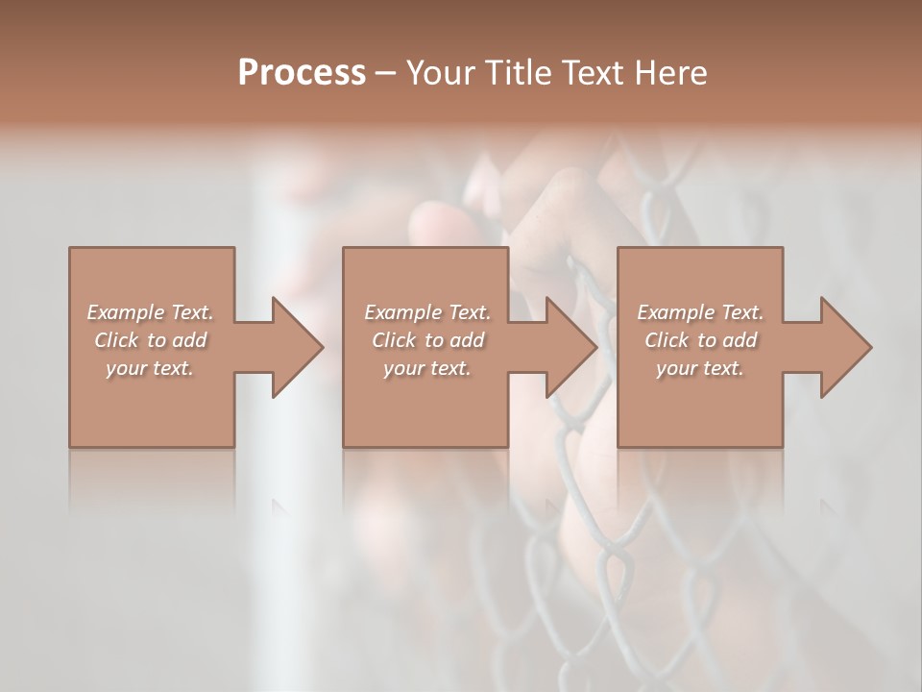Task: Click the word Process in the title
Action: click(302, 73)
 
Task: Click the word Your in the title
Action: click(441, 73)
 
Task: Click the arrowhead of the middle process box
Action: click(570, 347)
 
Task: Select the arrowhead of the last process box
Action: click(845, 347)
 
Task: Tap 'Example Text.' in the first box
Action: click(150, 312)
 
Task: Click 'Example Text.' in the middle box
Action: click(427, 312)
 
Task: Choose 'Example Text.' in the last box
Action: click(700, 312)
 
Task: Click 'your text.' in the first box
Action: click(150, 368)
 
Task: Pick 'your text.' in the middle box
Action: click(427, 368)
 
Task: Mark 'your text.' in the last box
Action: click(700, 368)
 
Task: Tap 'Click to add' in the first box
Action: click(150, 340)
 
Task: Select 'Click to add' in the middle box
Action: click(427, 340)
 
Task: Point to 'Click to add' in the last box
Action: click(700, 340)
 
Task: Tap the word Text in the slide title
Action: click(593, 73)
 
